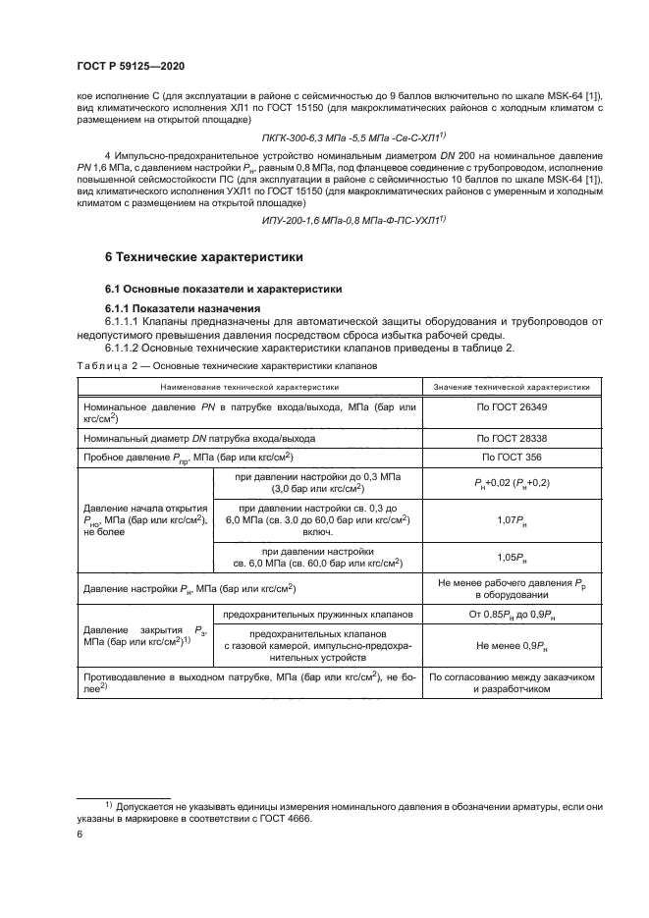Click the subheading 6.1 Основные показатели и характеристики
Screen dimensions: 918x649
coord(223,289)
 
